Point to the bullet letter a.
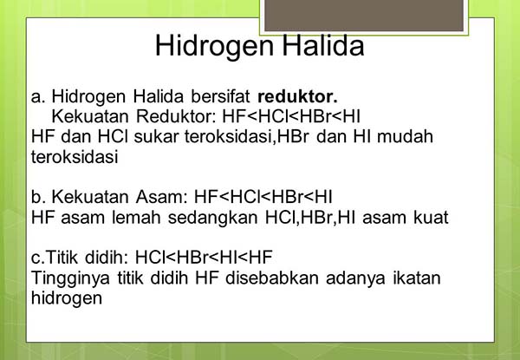coord(36,95)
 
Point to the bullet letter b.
coord(36,196)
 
